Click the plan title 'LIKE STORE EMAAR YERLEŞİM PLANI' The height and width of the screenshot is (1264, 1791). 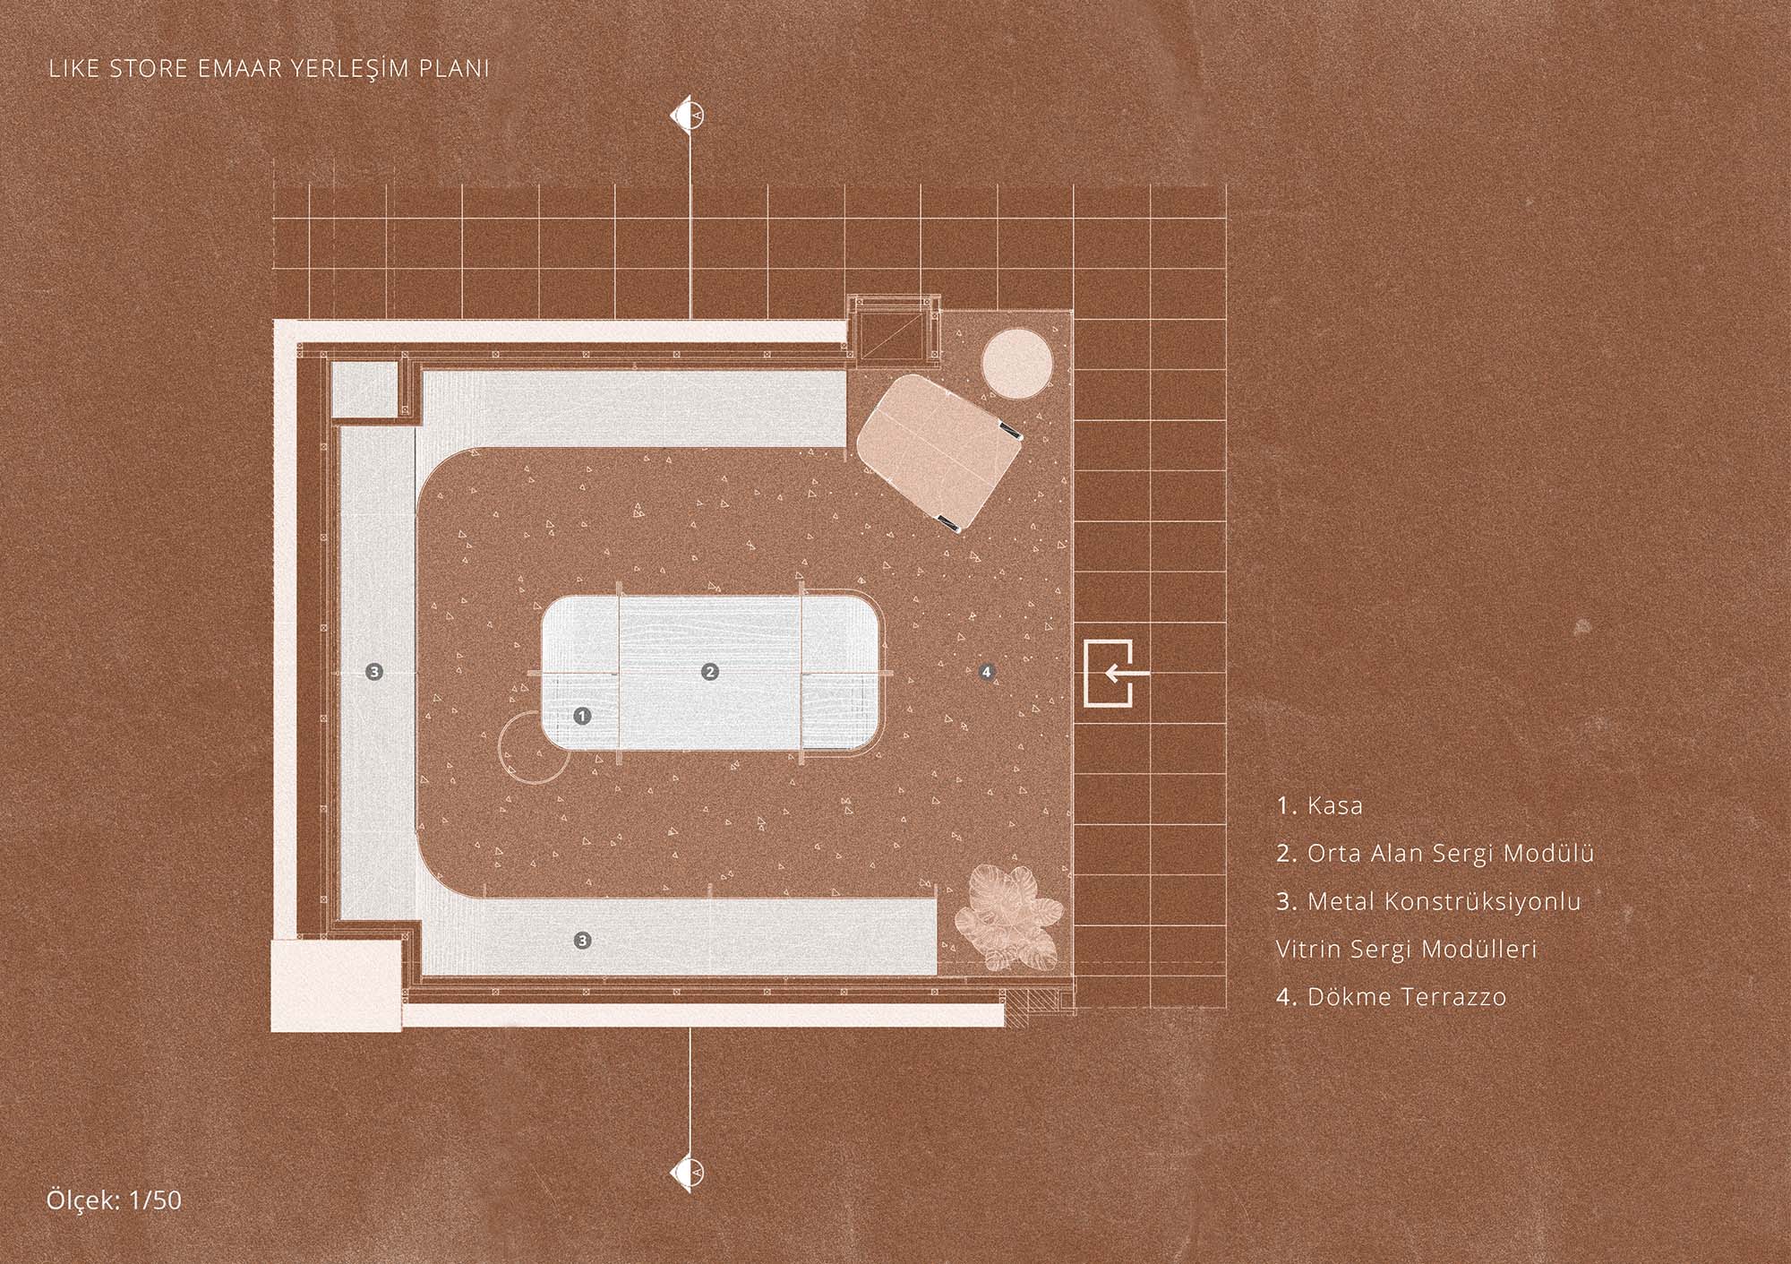click(x=269, y=70)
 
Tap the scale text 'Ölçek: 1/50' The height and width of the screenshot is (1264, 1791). click(x=114, y=1200)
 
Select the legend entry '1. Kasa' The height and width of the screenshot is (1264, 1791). click(x=1320, y=805)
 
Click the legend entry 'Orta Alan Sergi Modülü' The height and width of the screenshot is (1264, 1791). click(x=1451, y=854)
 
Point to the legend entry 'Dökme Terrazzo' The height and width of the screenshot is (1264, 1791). click(x=1407, y=996)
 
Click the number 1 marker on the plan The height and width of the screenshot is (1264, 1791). click(x=583, y=716)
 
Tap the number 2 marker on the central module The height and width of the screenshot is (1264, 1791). click(x=709, y=671)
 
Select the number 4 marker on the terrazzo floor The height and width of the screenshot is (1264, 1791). click(x=986, y=671)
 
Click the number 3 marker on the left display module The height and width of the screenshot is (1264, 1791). click(x=374, y=671)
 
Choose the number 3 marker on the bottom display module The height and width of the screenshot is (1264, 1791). click(x=583, y=940)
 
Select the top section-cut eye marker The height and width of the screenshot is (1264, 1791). click(x=690, y=115)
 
